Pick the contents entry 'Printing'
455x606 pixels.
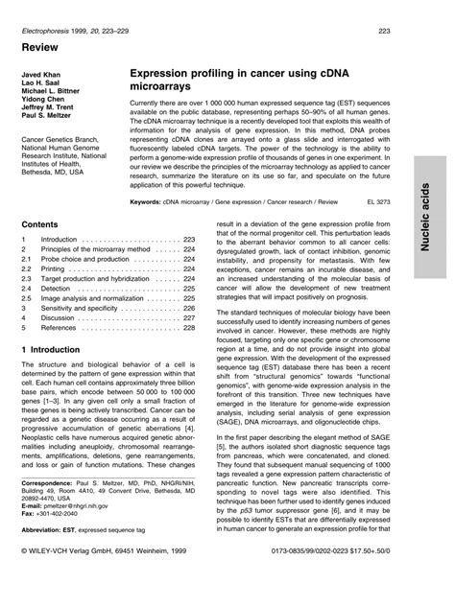coord(55,268)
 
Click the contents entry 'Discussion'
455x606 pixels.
coord(60,315)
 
